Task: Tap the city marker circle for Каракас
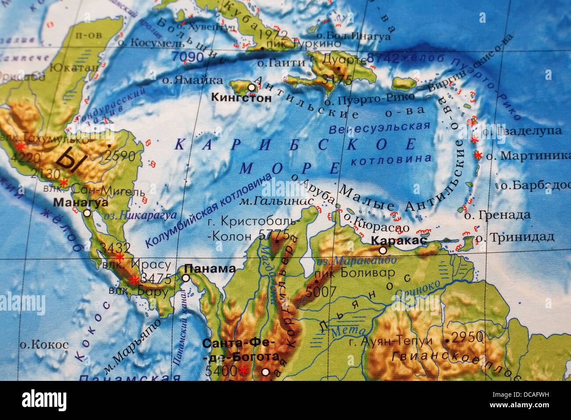pos(383,250)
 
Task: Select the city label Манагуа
pos(80,203)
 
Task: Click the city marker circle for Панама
pos(186,278)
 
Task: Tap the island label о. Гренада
pos(497,215)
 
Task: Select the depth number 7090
pos(188,57)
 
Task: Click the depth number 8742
pos(383,58)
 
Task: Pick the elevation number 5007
pos(321,291)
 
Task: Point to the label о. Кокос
pos(44,344)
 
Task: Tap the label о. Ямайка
pos(192,80)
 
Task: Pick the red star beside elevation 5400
pos(243,371)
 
